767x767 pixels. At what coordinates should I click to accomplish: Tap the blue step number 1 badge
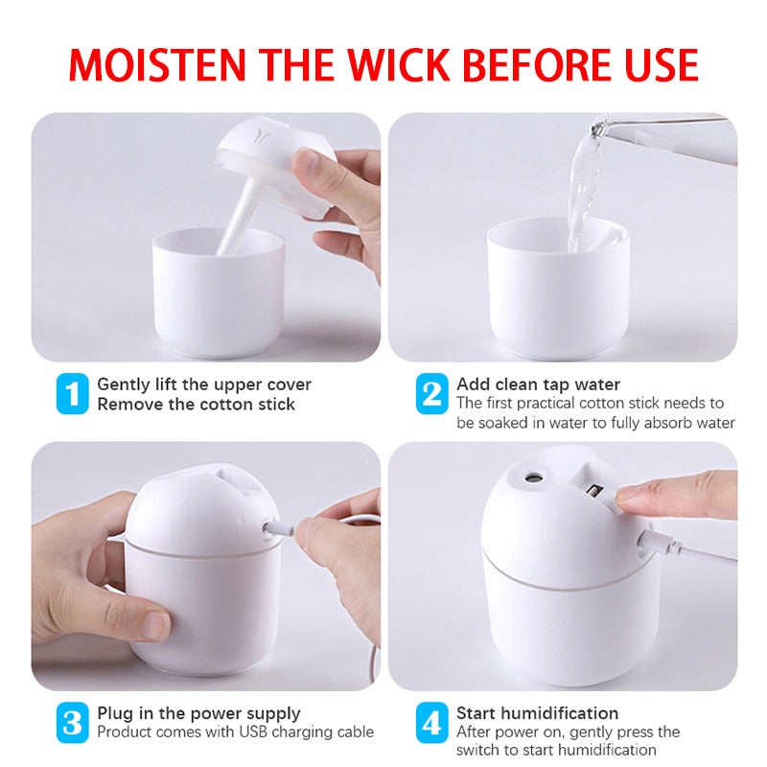[x=71, y=394]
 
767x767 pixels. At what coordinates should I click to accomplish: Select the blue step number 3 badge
[x=71, y=722]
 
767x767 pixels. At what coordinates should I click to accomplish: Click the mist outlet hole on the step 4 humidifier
[x=530, y=476]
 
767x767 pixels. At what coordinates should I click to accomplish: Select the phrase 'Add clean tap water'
[x=538, y=384]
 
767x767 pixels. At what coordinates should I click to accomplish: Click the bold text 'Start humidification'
[x=537, y=712]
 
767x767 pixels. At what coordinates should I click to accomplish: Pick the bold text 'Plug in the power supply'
[x=198, y=712]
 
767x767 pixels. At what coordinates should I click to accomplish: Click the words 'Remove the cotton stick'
[x=196, y=404]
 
